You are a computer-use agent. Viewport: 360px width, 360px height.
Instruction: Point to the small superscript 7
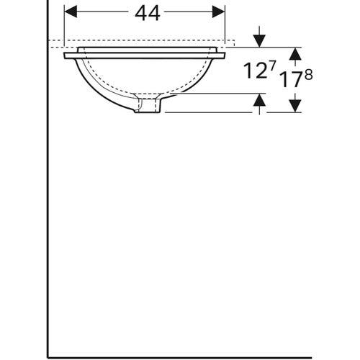(272, 67)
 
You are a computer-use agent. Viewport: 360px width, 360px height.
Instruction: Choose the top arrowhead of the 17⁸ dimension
(294, 53)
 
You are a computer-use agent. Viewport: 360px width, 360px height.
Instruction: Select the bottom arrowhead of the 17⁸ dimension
(294, 107)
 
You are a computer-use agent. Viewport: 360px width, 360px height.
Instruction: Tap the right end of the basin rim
(223, 55)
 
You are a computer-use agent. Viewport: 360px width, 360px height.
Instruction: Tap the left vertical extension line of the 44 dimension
(64, 25)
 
